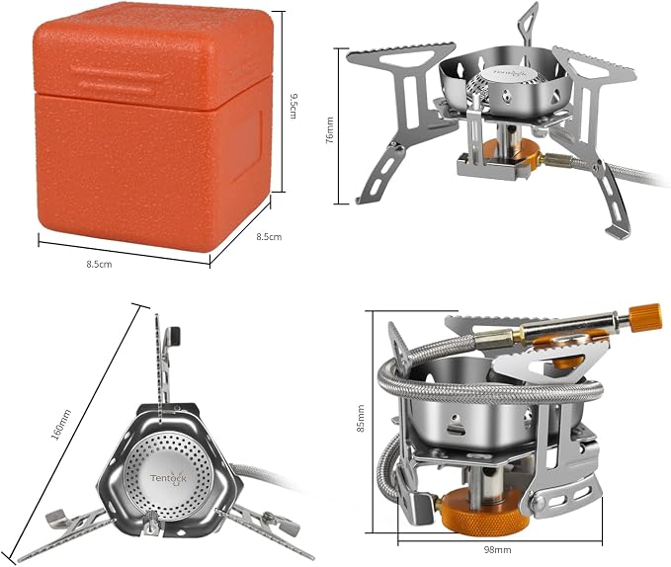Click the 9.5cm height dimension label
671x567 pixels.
coord(294,106)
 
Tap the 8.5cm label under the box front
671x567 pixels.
coord(99,265)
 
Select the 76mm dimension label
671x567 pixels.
coord(329,130)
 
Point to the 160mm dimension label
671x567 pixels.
coord(61,424)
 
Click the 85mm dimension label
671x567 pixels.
coord(361,418)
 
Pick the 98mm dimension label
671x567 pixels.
coord(498,549)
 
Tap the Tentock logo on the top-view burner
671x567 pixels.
coord(168,478)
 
